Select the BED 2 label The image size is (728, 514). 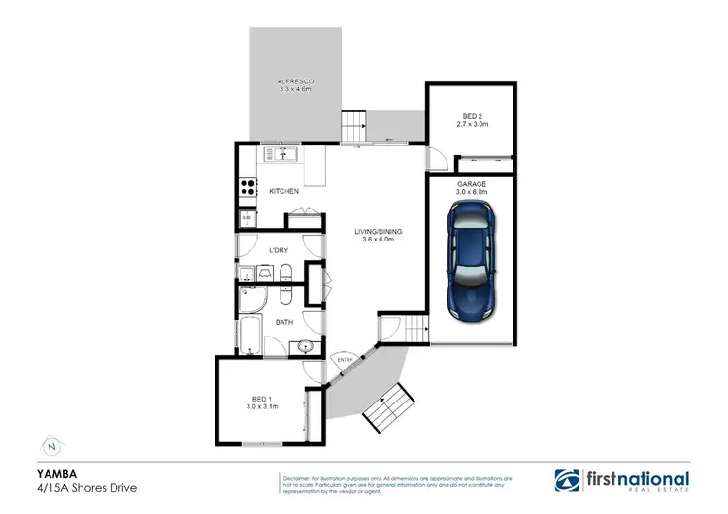470,117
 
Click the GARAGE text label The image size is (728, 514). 470,183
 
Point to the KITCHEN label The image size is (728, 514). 283,192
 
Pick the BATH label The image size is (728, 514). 284,321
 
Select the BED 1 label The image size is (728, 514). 261,399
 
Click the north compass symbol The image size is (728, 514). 51,447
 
